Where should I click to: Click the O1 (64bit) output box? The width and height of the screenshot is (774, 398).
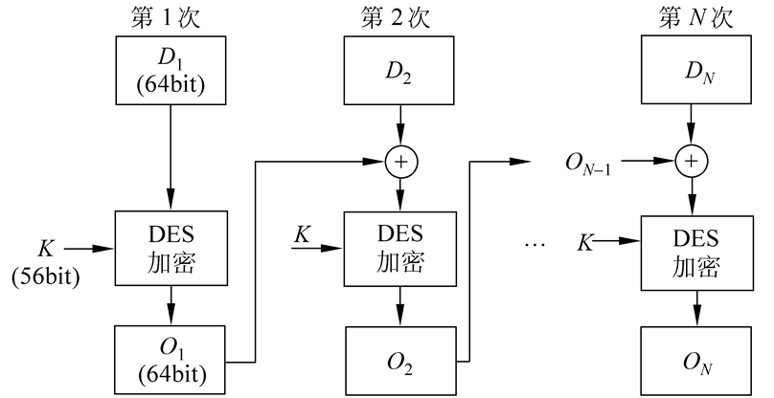coord(170,359)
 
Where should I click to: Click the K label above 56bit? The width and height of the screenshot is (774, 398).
coord(46,248)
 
